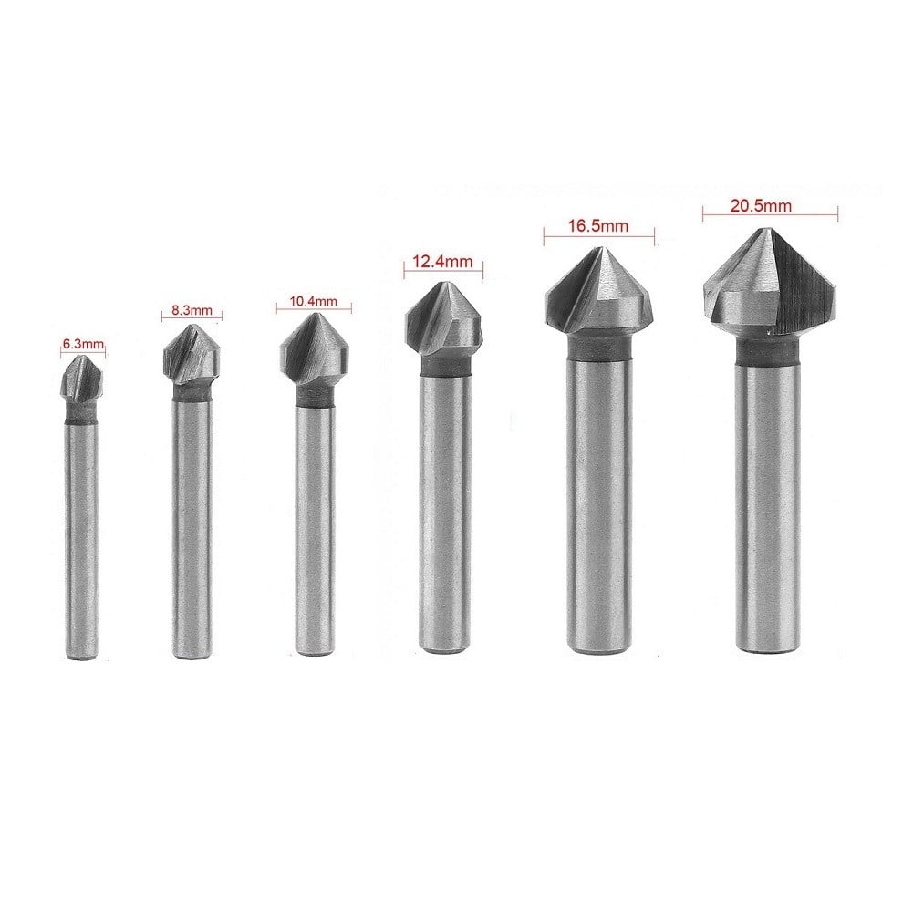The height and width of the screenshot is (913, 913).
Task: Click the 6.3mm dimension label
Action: [84, 345]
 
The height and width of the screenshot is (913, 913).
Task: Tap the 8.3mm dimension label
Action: [192, 310]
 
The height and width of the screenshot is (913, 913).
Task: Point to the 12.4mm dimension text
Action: [441, 262]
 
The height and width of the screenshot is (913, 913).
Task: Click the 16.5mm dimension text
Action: [597, 223]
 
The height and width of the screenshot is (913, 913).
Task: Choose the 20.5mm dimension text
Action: [760, 205]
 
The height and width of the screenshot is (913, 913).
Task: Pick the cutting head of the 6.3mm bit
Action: [84, 381]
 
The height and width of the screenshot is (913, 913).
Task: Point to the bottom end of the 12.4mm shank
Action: [444, 648]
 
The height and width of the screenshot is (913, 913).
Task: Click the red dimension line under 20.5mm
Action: [769, 216]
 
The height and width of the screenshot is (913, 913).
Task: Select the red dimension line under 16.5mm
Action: [598, 237]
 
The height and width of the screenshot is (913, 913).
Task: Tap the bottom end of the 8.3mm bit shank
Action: [192, 654]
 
